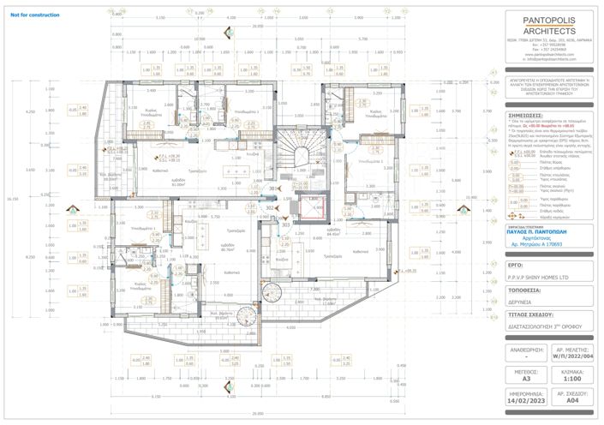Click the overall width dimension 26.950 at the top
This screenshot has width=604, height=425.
click(x=258, y=27)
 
